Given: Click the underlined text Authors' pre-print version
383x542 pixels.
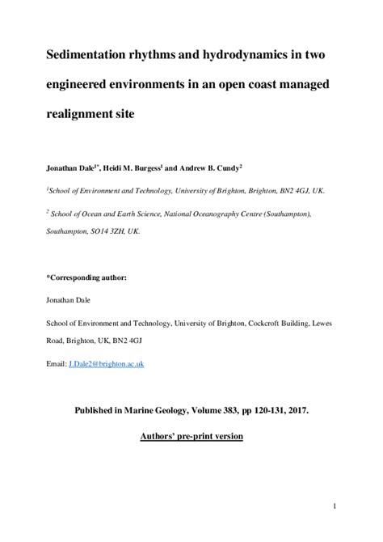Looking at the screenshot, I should (x=191, y=435).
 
